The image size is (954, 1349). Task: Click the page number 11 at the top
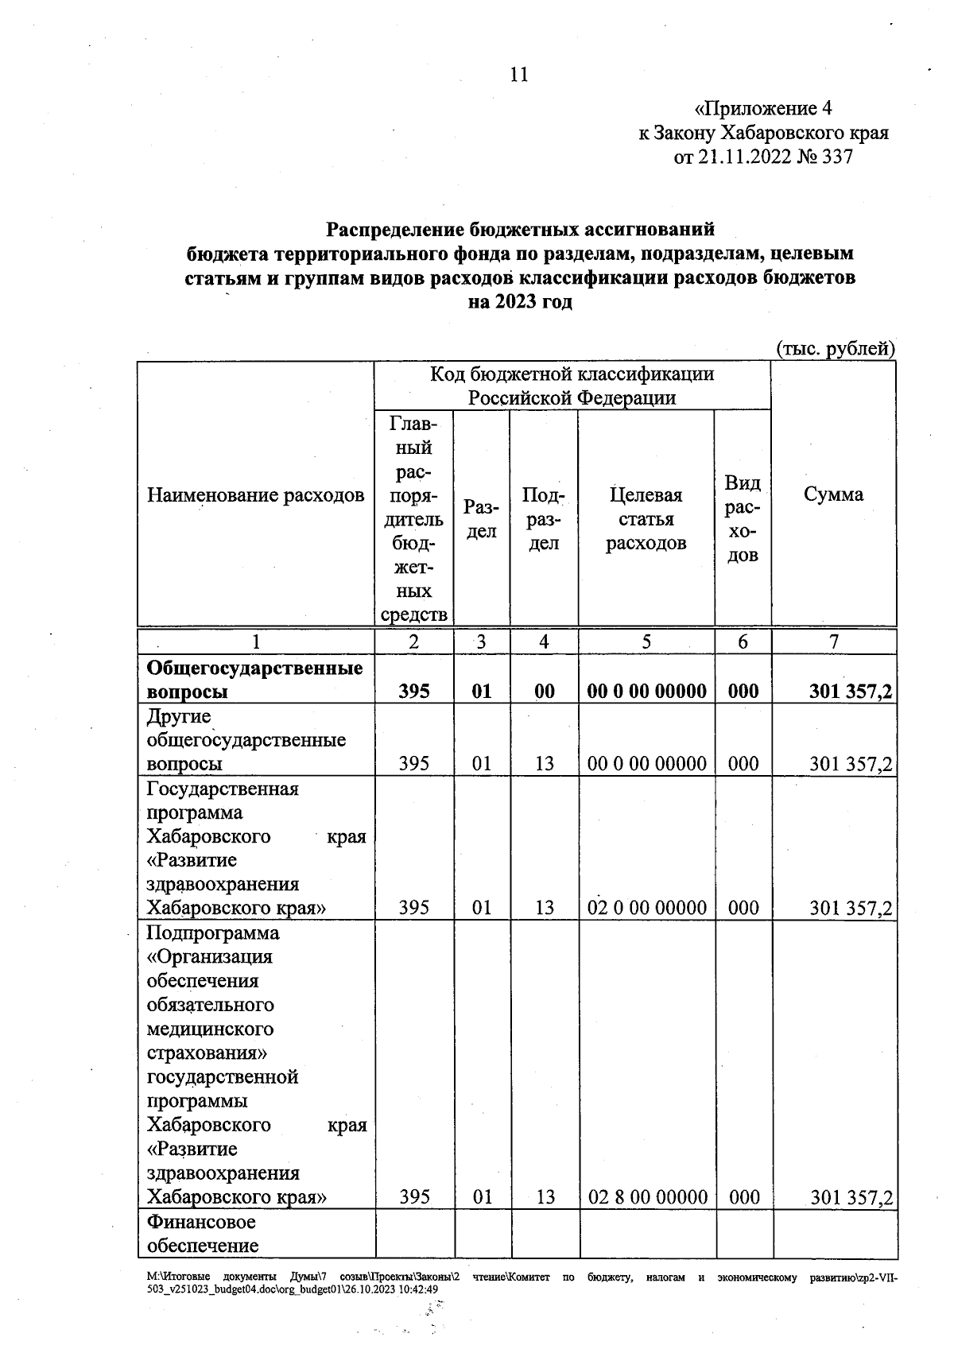pyautogui.click(x=518, y=75)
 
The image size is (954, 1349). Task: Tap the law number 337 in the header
pyautogui.click(x=836, y=157)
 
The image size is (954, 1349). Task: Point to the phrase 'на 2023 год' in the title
pyautogui.click(x=520, y=302)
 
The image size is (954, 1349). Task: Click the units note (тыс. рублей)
pyautogui.click(x=835, y=348)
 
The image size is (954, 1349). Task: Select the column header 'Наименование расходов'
pyautogui.click(x=255, y=495)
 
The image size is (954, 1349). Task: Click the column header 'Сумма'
pyautogui.click(x=833, y=494)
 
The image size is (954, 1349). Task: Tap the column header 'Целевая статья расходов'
pyautogui.click(x=646, y=519)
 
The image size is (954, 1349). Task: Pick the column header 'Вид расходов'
pyautogui.click(x=743, y=519)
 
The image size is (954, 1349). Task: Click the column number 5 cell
pyautogui.click(x=646, y=642)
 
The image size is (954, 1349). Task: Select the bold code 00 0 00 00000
pyautogui.click(x=646, y=692)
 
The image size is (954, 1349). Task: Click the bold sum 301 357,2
pyautogui.click(x=850, y=692)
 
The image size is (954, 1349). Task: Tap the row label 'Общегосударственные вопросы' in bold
pyautogui.click(x=254, y=680)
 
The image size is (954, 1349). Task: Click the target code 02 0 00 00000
pyautogui.click(x=646, y=908)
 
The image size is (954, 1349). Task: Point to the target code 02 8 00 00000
pyautogui.click(x=647, y=1197)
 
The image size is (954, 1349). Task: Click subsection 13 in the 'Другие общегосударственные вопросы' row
pyautogui.click(x=544, y=764)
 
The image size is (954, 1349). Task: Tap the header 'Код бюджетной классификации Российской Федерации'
pyautogui.click(x=572, y=386)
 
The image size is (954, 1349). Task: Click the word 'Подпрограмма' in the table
pyautogui.click(x=213, y=932)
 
